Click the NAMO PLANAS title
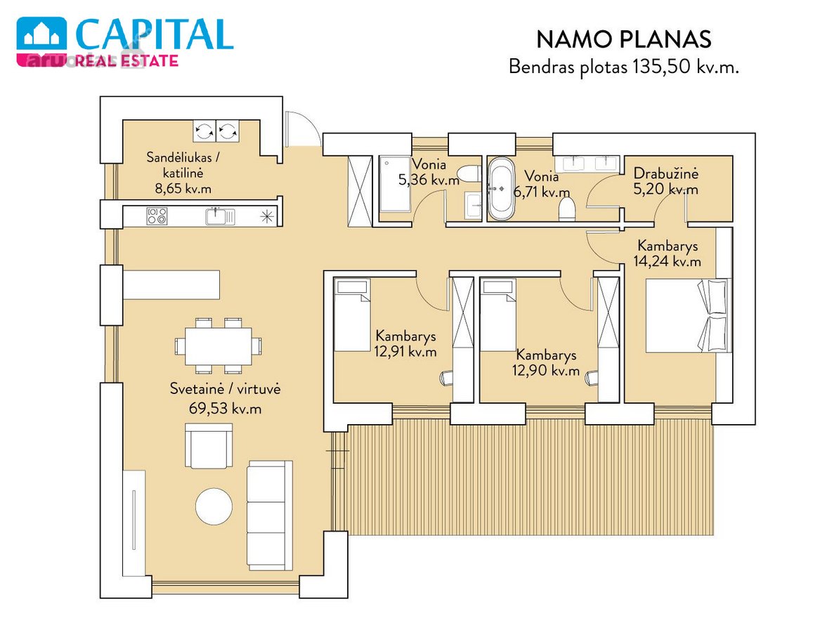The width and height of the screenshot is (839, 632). (623, 39)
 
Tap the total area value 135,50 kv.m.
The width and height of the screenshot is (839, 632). (685, 67)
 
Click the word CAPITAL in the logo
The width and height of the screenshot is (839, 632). (155, 35)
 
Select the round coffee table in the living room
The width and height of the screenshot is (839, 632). (214, 506)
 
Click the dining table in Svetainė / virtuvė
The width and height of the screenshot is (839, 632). (219, 346)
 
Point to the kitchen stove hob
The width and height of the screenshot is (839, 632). (157, 216)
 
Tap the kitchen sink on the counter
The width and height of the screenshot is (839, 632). (220, 216)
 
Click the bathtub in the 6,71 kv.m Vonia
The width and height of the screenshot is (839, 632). (500, 189)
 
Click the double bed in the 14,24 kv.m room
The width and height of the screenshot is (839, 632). (688, 315)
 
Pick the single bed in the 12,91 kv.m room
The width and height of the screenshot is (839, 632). (352, 315)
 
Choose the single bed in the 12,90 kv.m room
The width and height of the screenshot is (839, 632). (497, 315)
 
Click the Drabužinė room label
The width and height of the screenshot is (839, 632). (665, 173)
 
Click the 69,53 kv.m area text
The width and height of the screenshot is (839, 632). (226, 409)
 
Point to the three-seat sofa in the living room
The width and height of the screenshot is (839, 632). (270, 515)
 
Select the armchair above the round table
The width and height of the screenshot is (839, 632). (209, 446)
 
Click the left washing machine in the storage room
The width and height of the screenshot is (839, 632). (204, 131)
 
